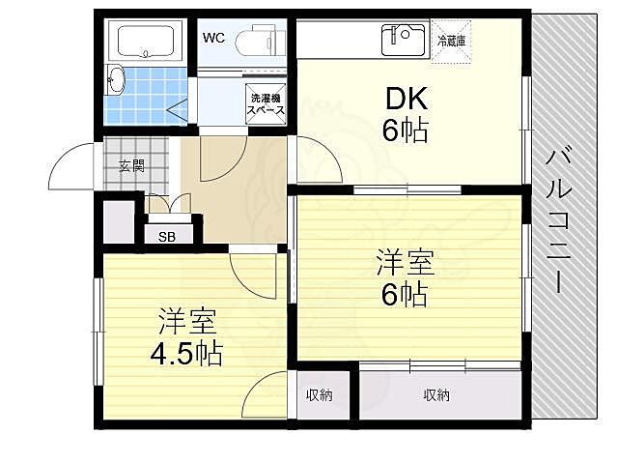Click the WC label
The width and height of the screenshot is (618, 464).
point(213,39)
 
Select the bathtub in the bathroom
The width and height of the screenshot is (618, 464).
point(148,41)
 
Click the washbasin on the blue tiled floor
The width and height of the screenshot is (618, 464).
point(115,78)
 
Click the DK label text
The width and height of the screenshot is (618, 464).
point(407,101)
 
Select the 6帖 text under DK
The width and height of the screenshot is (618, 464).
point(405,130)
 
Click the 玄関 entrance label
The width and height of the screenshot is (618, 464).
point(131,165)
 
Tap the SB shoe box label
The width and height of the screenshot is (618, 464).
point(166,234)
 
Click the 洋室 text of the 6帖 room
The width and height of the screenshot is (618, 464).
point(405,261)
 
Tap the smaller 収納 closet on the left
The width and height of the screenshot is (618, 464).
point(321,395)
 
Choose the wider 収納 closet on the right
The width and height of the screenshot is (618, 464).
point(436,395)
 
